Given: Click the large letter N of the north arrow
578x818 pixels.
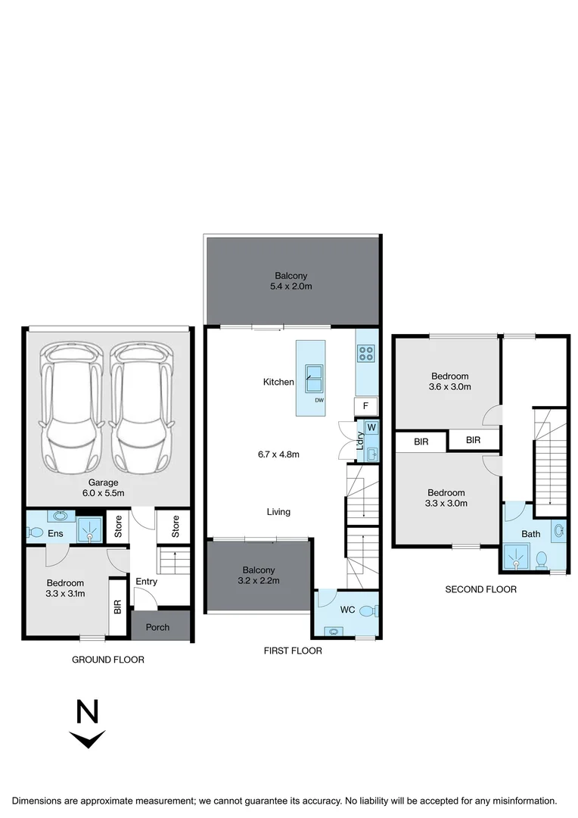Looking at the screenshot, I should pyautogui.click(x=89, y=713).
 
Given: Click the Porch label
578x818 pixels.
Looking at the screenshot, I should pyautogui.click(x=157, y=627).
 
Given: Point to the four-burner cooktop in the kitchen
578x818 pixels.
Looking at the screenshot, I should pyautogui.click(x=366, y=353).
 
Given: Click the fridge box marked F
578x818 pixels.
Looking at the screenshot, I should pyautogui.click(x=365, y=406).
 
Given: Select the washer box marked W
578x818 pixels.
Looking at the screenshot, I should pyautogui.click(x=371, y=427).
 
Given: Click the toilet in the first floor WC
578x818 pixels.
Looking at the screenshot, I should pyautogui.click(x=367, y=610).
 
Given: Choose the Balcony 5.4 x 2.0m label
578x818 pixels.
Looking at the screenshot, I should pyautogui.click(x=291, y=282).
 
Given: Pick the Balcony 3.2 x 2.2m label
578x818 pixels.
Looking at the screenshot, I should pyautogui.click(x=259, y=576).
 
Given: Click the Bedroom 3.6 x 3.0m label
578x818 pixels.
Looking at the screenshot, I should pyautogui.click(x=450, y=381).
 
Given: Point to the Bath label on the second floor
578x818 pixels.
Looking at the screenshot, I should pyautogui.click(x=530, y=534).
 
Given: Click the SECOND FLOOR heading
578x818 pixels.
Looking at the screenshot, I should pyautogui.click(x=480, y=589).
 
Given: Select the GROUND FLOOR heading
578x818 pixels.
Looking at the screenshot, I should pyautogui.click(x=107, y=660).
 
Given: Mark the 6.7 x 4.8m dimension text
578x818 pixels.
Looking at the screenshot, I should pyautogui.click(x=279, y=454).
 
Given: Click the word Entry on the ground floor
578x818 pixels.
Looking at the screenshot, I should pyautogui.click(x=146, y=582).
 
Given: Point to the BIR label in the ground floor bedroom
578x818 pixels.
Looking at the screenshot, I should pyautogui.click(x=117, y=607).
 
